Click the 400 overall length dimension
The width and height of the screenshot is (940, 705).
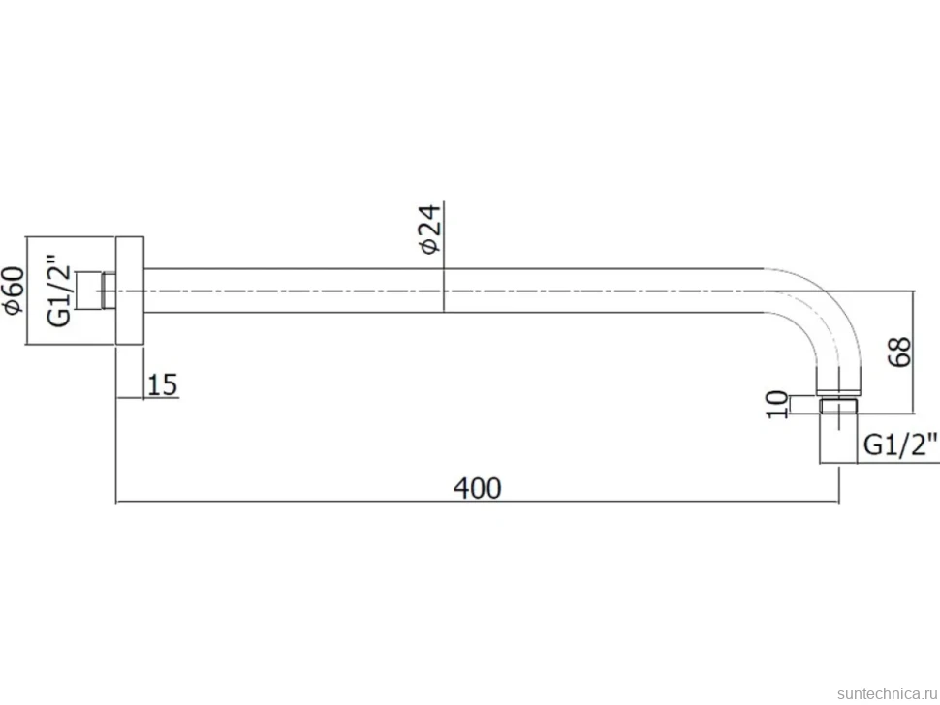[x=477, y=488]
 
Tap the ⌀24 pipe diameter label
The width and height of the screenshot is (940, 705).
[x=430, y=230]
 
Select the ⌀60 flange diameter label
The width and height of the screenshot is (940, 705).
[x=14, y=291]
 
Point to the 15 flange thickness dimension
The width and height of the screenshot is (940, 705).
[x=163, y=384]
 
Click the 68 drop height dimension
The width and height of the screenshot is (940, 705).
[x=899, y=352]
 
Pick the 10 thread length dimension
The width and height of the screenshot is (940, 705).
[x=777, y=405]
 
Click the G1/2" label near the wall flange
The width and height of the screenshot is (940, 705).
[x=59, y=291]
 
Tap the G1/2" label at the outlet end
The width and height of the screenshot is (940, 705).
[x=900, y=445]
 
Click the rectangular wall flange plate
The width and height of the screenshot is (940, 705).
[x=130, y=291]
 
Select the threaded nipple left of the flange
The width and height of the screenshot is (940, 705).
[x=109, y=291]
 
